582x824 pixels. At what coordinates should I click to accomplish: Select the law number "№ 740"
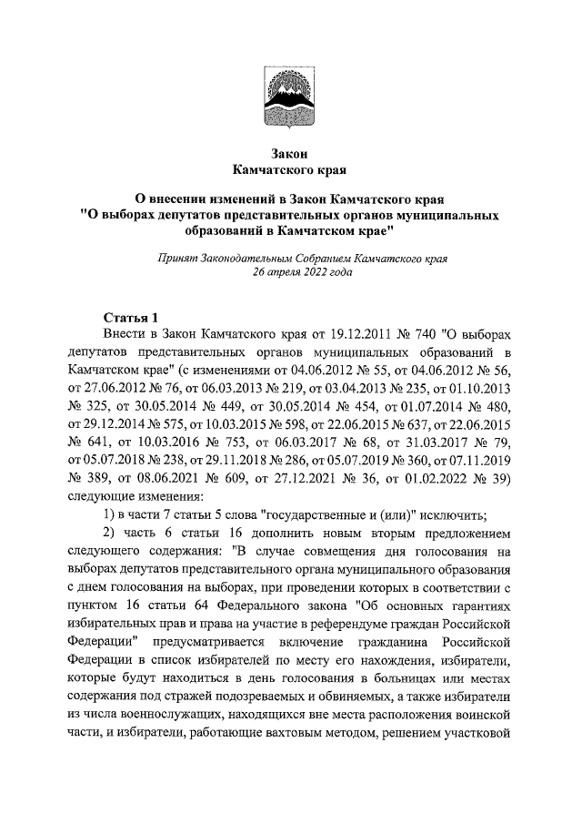pos(406,335)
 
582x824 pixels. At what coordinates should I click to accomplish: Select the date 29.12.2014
pos(105,424)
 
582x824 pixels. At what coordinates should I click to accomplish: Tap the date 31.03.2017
pos(418,443)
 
